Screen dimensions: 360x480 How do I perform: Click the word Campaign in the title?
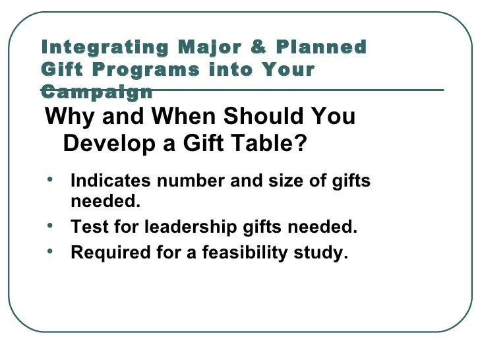click(96, 92)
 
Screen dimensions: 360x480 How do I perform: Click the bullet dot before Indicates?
click(51, 179)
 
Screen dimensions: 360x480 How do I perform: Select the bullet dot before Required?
click(51, 251)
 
